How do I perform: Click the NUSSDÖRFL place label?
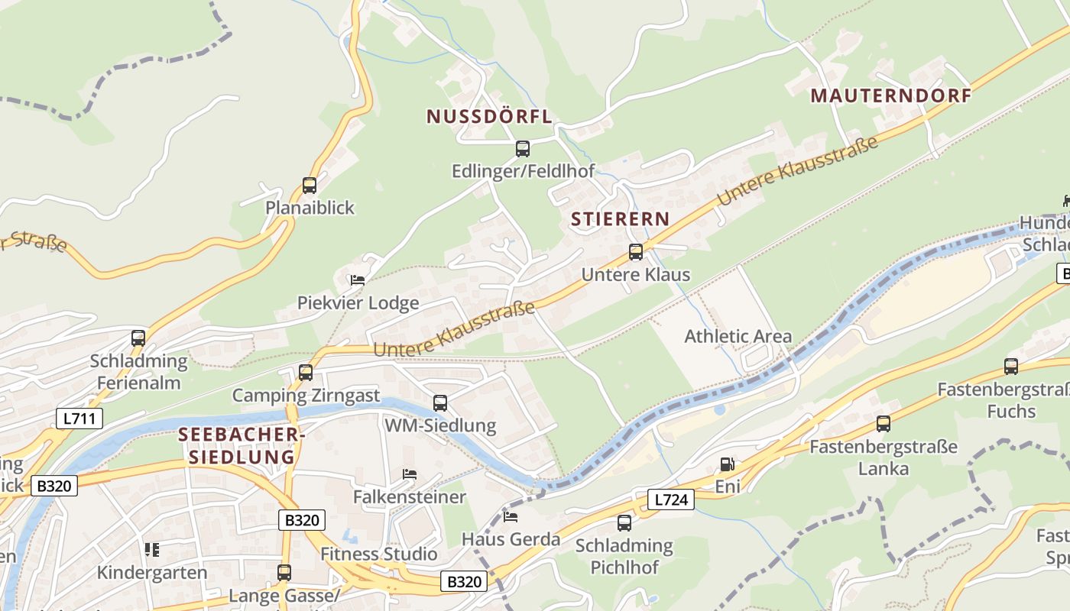[x=488, y=117]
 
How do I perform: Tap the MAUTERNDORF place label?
[x=890, y=96]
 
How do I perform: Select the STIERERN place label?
[x=620, y=219]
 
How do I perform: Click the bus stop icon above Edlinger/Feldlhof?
[x=523, y=149]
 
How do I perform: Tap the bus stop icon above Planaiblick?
[x=310, y=186]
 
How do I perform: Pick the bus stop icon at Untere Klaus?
[x=635, y=252]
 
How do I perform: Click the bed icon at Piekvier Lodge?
[x=357, y=280]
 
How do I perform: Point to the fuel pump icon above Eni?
[x=727, y=464]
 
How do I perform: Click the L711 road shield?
[x=79, y=418]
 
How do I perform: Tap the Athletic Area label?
[x=738, y=336]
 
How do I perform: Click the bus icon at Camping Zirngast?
[x=306, y=373]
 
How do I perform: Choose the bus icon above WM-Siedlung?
[x=440, y=402]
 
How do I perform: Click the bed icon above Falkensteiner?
[x=410, y=474]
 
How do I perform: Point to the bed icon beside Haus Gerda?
[x=511, y=517]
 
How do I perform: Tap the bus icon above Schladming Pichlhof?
[x=624, y=523]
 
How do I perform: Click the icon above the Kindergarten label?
[x=151, y=549]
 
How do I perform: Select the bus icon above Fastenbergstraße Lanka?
[x=884, y=423]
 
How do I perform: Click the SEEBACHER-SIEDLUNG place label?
[x=241, y=446]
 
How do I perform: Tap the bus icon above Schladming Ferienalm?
[x=138, y=338]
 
